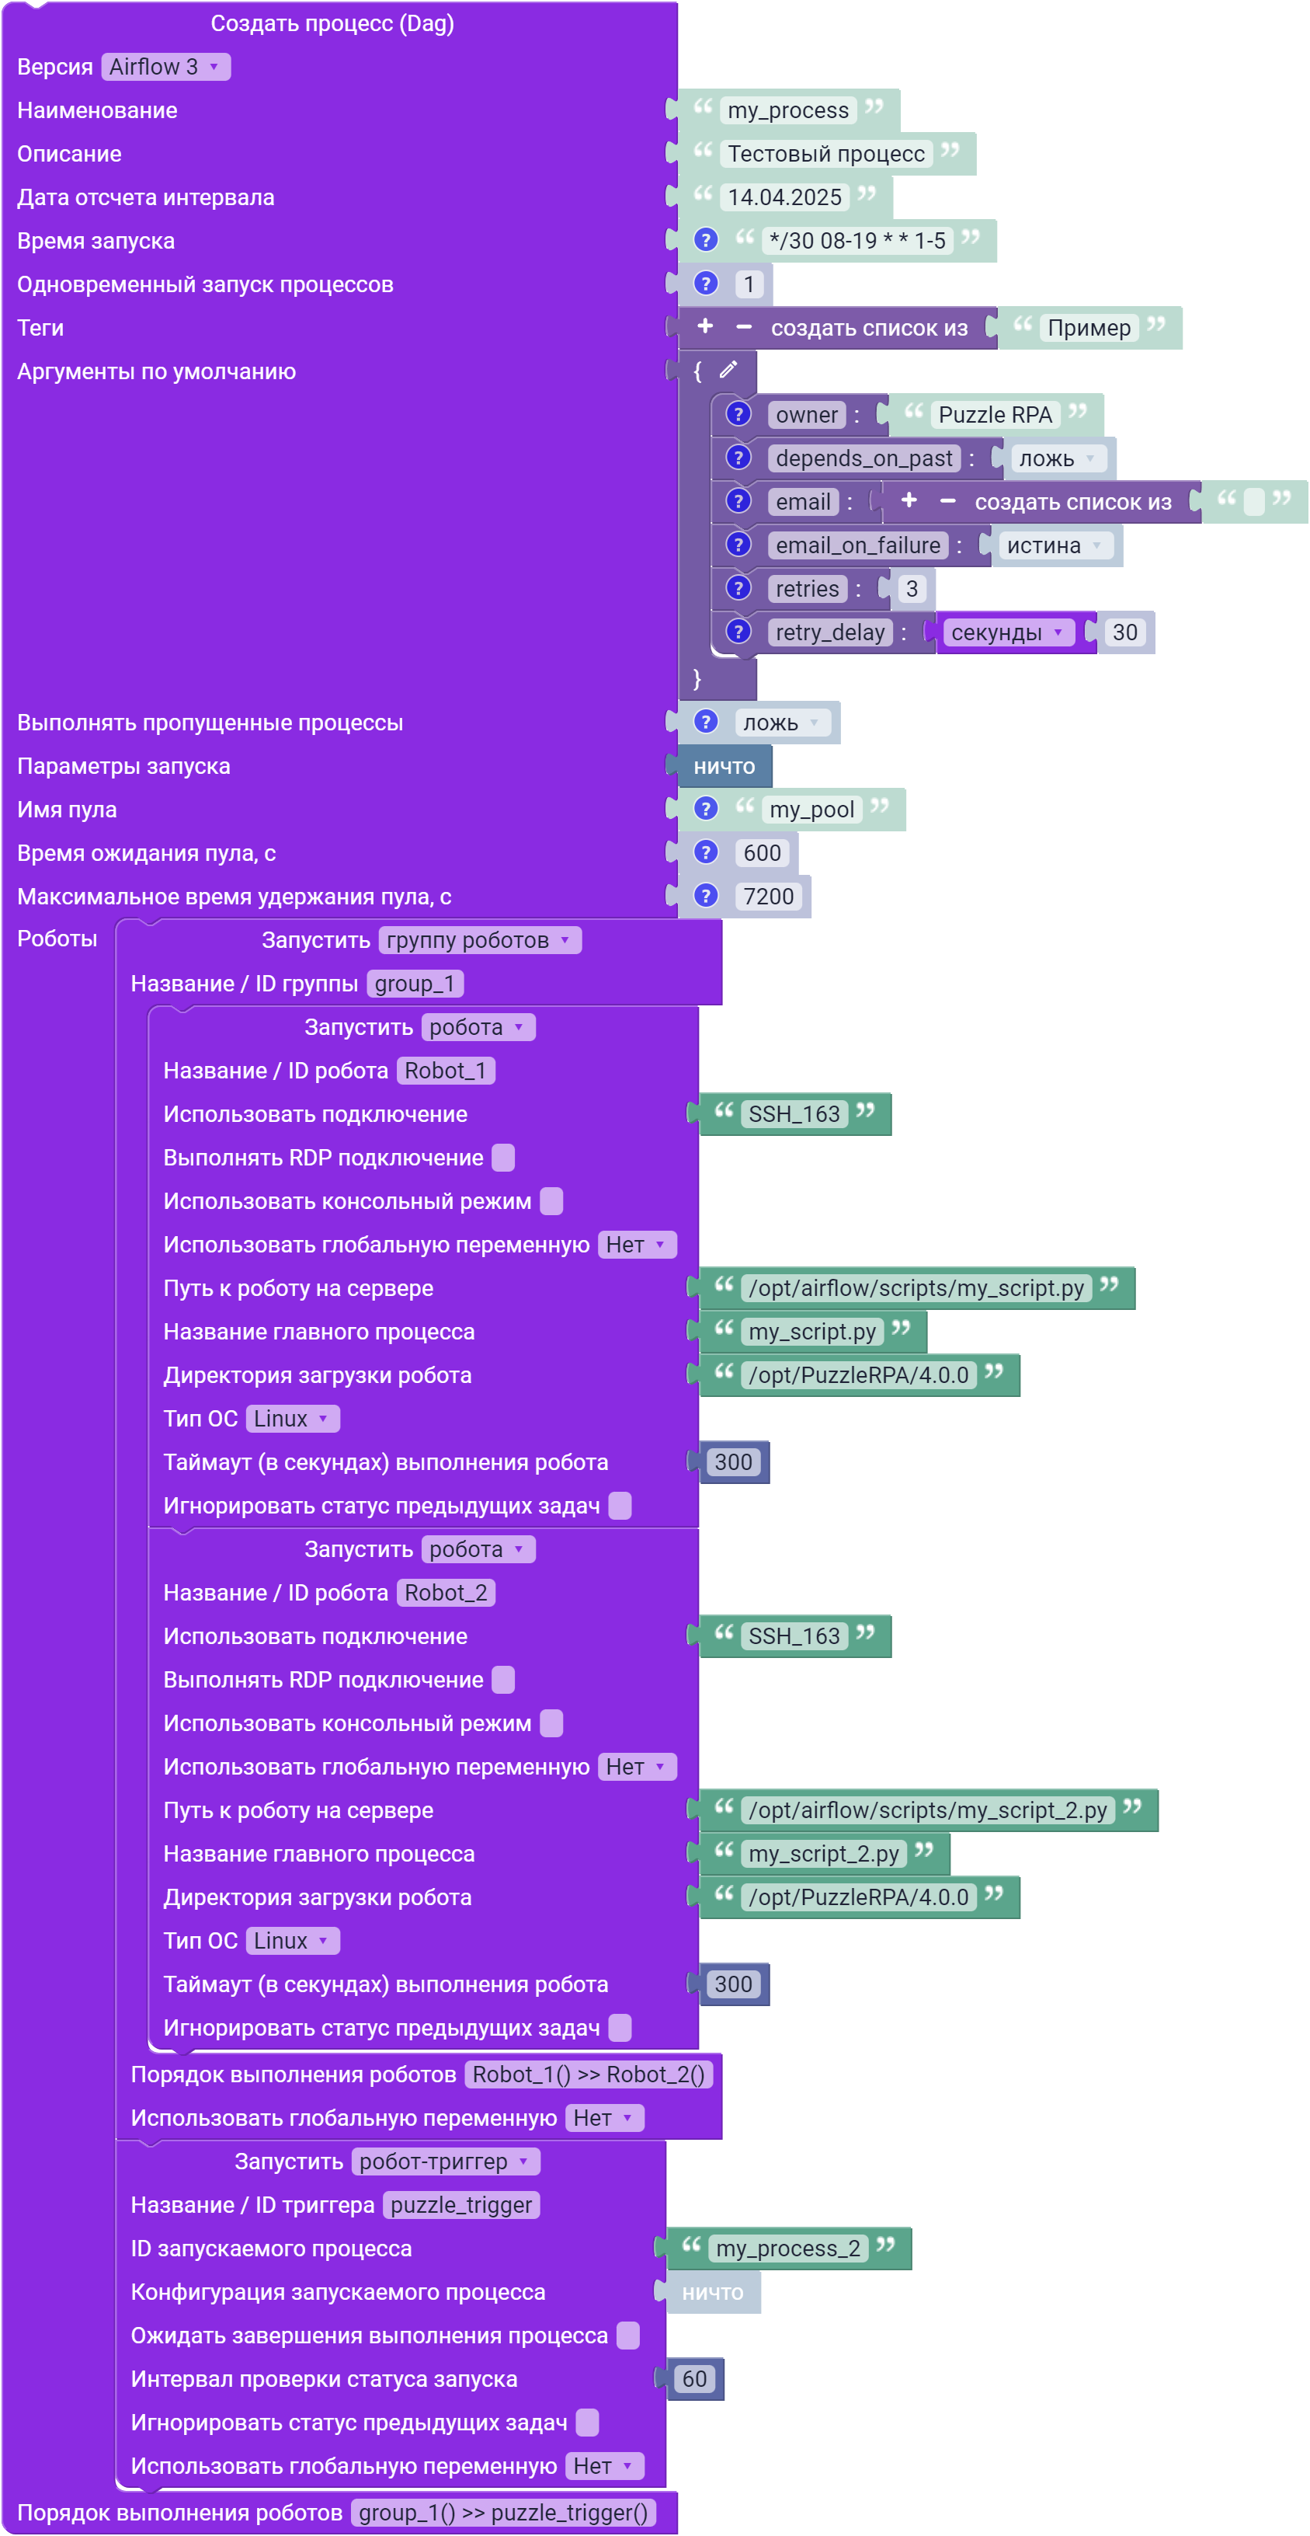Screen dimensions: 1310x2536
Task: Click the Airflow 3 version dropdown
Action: pos(165,67)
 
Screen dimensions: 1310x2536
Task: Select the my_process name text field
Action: pos(787,110)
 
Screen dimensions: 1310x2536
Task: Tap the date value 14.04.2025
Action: pos(784,197)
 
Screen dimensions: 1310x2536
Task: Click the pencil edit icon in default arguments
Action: pos(728,370)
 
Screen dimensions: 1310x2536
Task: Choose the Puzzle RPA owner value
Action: pos(995,414)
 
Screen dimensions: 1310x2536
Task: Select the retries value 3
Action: pos(912,589)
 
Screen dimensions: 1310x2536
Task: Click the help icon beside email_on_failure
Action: pos(738,545)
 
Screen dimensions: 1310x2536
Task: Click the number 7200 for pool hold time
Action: pos(768,896)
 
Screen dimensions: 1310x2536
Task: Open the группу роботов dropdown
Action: pos(479,940)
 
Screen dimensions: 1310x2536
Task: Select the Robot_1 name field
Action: pos(446,1070)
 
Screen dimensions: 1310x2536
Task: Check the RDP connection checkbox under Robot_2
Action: pos(503,1680)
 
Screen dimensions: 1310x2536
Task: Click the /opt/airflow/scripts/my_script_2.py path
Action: pos(927,1810)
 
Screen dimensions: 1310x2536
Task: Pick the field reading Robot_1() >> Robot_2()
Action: pos(589,2074)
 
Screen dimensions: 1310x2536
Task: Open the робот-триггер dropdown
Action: pos(446,2161)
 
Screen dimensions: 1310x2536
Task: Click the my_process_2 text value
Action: pos(787,2248)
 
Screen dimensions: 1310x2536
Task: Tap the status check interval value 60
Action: pos(695,2378)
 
